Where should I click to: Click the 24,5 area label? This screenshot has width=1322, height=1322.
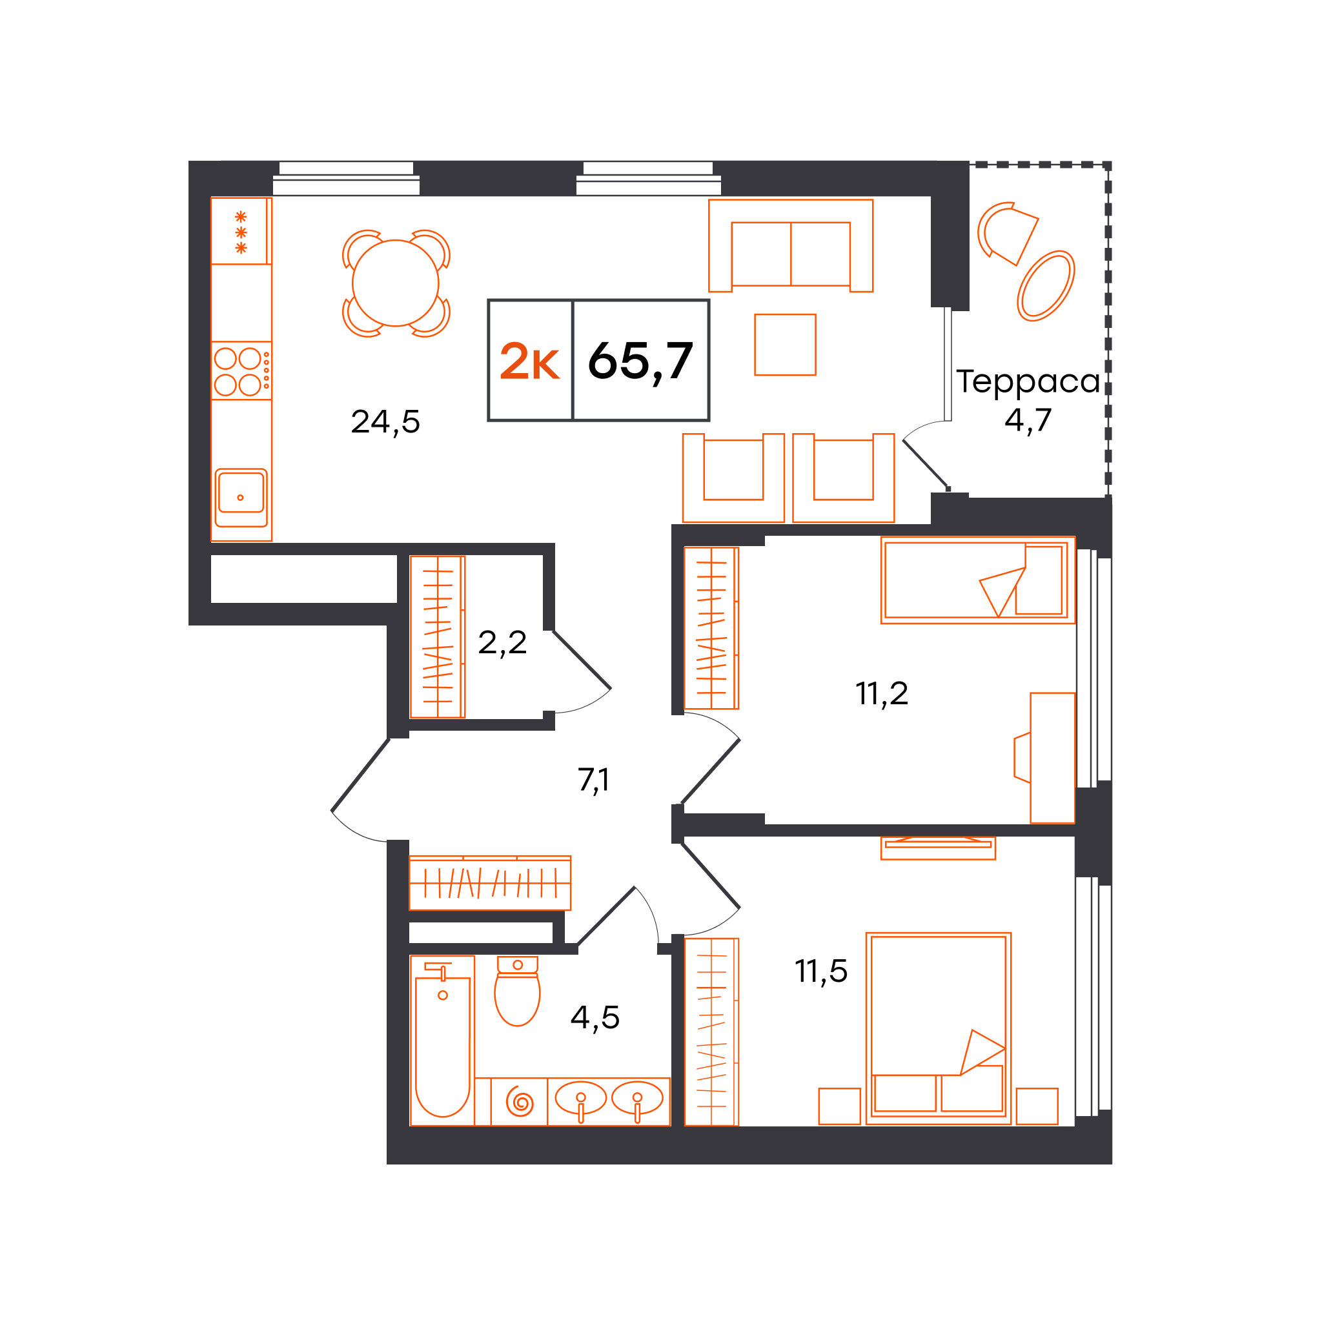point(385,422)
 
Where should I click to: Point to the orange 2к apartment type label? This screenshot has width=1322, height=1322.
point(529,361)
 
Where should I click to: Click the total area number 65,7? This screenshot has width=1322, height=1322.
point(640,361)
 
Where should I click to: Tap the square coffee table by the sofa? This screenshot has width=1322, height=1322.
point(785,345)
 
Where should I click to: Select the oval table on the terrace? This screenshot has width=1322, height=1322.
point(1046,286)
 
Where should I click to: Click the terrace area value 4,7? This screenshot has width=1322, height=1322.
point(1028,420)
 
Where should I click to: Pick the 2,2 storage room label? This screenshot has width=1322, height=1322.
point(502,642)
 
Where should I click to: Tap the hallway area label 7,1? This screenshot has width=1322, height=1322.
point(593,780)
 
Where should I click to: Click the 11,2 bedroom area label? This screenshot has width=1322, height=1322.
point(881,694)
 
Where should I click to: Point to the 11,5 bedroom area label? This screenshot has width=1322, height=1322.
point(821,971)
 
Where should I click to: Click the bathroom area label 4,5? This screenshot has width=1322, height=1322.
point(595,1018)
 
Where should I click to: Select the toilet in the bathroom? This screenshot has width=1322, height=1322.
point(517,991)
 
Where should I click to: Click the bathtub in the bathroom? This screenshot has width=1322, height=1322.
point(442,1040)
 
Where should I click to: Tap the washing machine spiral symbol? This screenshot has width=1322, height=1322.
point(520,1103)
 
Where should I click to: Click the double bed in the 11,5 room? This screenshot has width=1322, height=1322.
point(938,1028)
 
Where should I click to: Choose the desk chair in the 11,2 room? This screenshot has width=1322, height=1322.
point(1022,757)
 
